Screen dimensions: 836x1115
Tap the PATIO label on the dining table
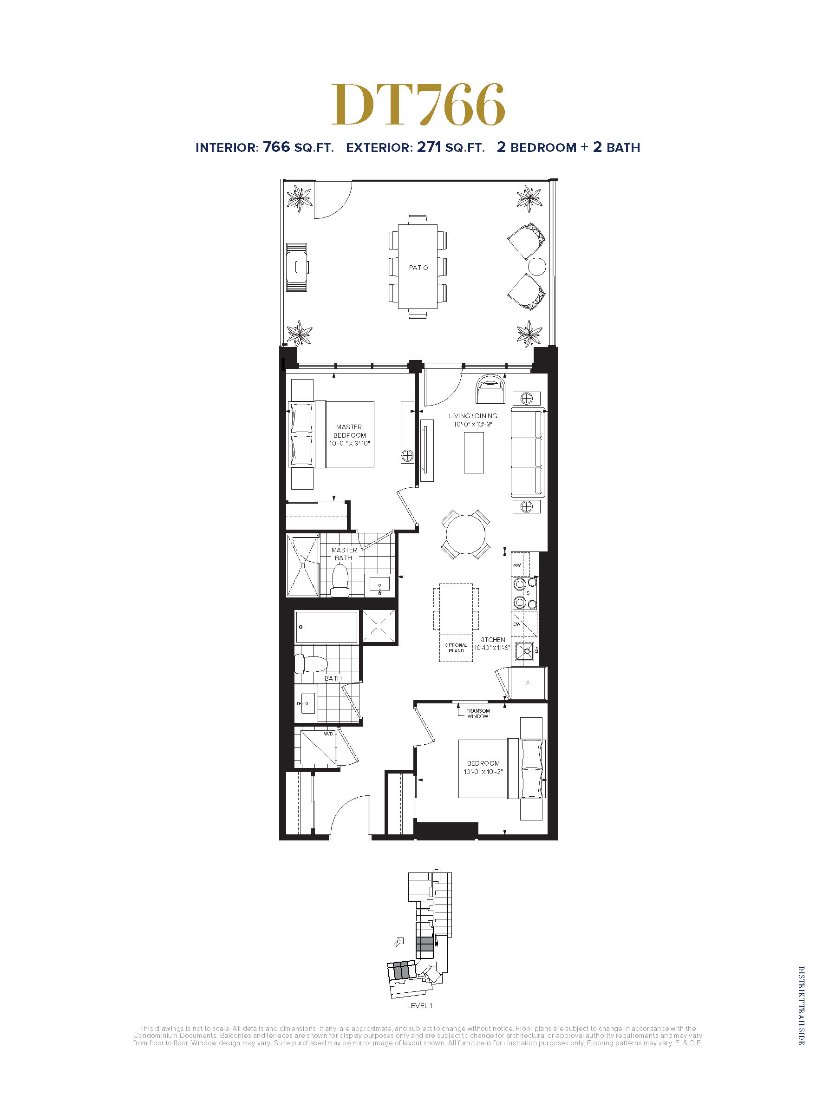(418, 268)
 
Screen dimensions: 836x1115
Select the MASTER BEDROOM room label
(349, 435)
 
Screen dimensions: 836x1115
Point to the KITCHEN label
(492, 640)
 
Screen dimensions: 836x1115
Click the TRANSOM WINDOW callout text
(478, 714)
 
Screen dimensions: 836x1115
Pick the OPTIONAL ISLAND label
(456, 648)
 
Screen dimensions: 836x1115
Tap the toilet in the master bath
(340, 581)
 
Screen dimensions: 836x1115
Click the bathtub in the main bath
(326, 627)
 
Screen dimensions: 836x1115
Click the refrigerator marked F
(528, 683)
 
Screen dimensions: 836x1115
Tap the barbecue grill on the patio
(297, 267)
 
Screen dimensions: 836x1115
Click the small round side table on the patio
(537, 266)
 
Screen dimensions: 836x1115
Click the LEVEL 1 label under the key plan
(419, 1006)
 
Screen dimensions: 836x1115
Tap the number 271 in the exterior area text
(429, 147)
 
